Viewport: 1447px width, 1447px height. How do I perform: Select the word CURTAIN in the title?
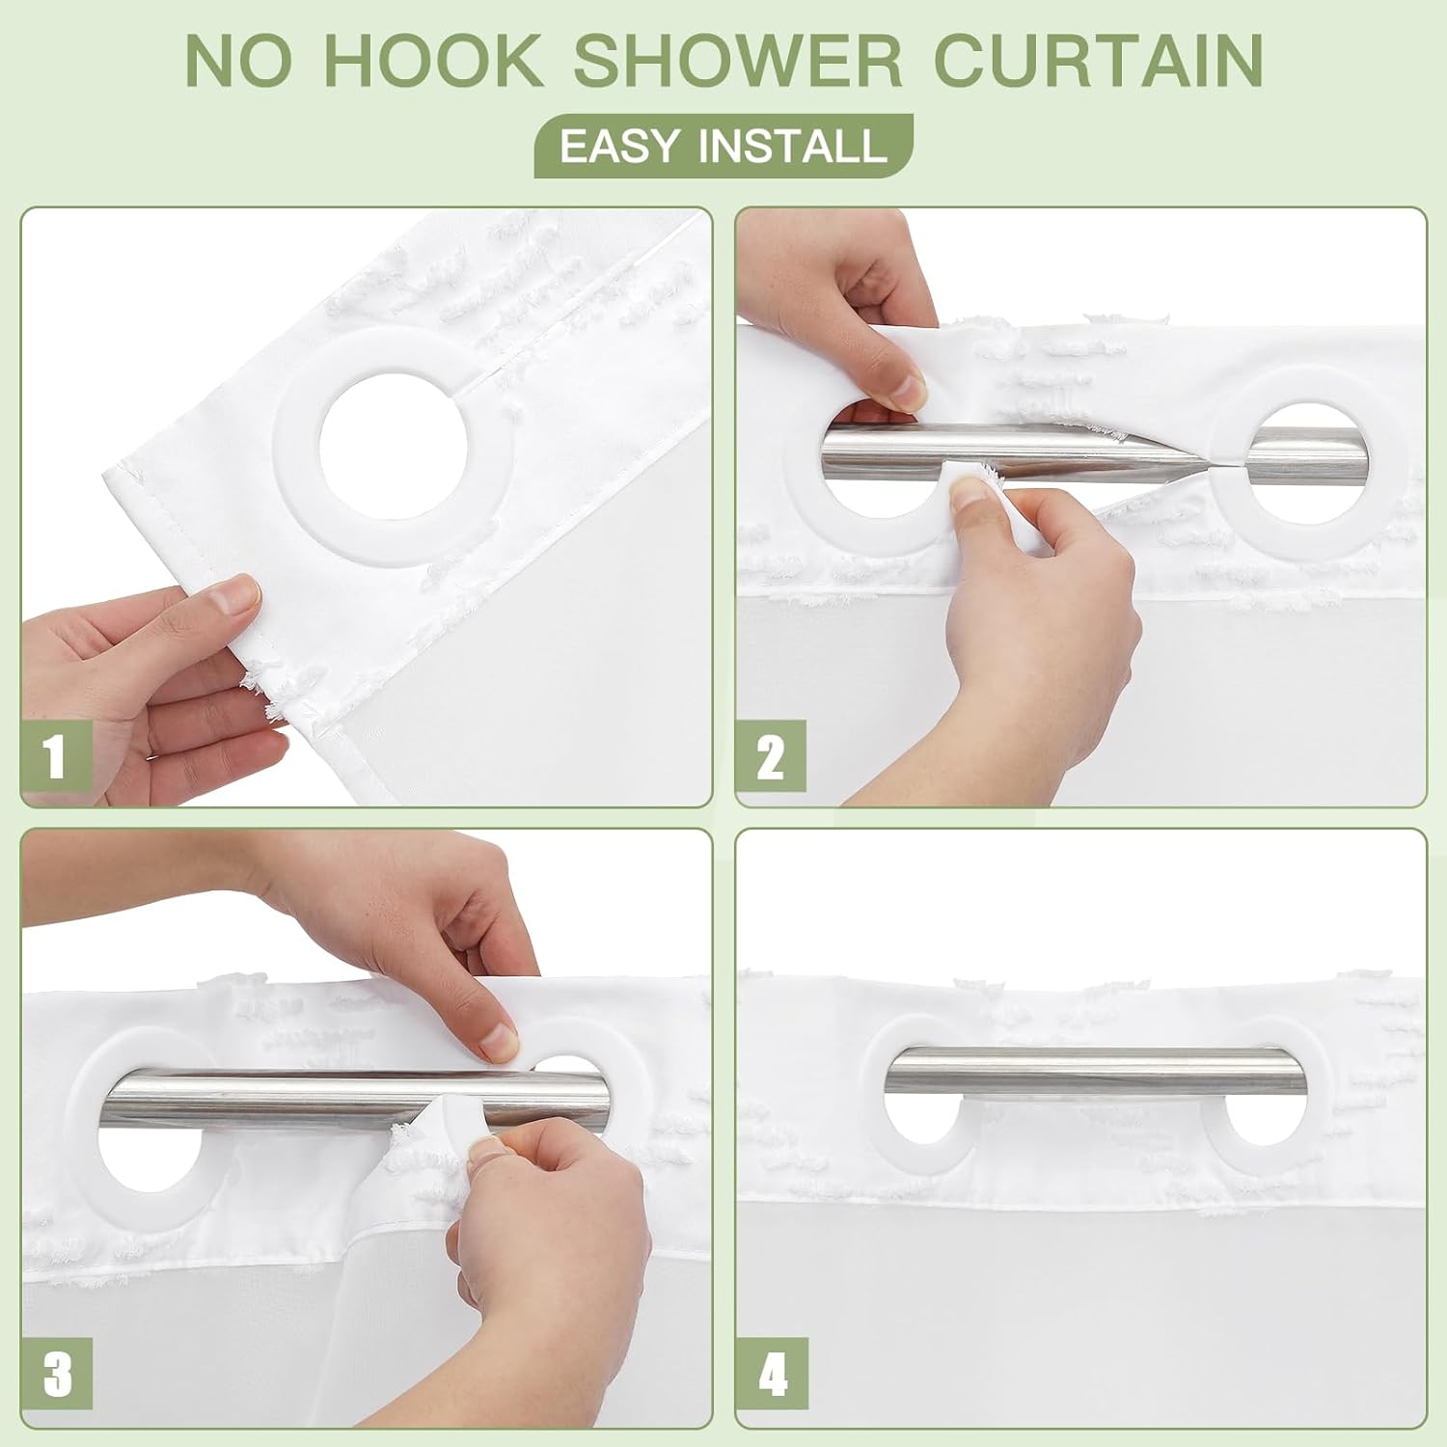pos(1099,60)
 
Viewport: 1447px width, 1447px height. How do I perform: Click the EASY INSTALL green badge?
pos(723,146)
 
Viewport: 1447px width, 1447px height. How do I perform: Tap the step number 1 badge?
pos(56,755)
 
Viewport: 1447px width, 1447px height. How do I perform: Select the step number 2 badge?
pos(771,755)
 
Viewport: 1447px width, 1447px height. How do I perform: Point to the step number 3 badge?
pos(57,1373)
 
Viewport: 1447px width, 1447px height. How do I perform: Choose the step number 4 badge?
pos(772,1373)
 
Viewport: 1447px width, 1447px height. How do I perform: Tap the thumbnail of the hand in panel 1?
pos(236,593)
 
